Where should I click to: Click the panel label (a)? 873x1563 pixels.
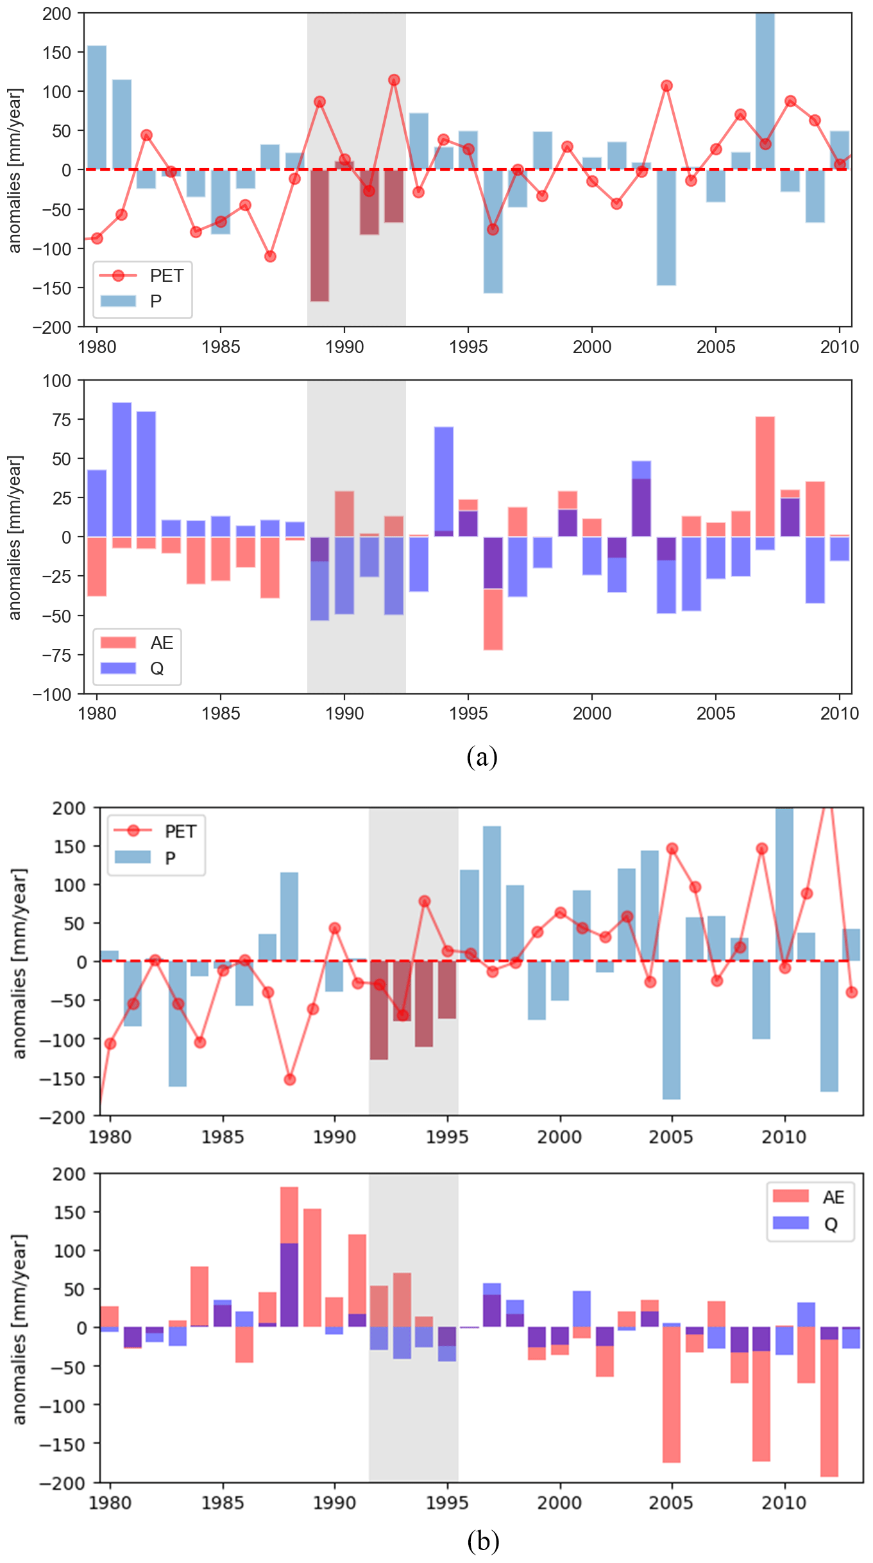(482, 757)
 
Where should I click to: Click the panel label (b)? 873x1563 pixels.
(482, 1541)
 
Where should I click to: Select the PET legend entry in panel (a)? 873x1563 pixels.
(142, 276)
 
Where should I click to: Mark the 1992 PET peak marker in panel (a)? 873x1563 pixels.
(394, 80)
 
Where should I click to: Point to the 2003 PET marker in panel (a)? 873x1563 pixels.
(666, 86)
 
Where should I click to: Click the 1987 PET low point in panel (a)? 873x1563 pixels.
(270, 257)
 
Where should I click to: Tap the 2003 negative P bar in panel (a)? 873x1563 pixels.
(666, 227)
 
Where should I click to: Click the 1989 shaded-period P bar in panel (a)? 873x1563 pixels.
(319, 235)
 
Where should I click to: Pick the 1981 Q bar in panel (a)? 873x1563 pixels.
(122, 469)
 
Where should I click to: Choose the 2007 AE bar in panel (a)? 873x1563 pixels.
(765, 476)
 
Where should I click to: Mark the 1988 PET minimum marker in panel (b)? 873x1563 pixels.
(290, 1080)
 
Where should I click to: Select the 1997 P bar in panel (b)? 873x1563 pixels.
(492, 894)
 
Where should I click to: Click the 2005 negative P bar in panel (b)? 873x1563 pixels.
(672, 1030)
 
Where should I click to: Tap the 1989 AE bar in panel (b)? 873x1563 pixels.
(312, 1268)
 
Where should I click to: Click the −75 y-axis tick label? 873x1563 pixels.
(56, 655)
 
